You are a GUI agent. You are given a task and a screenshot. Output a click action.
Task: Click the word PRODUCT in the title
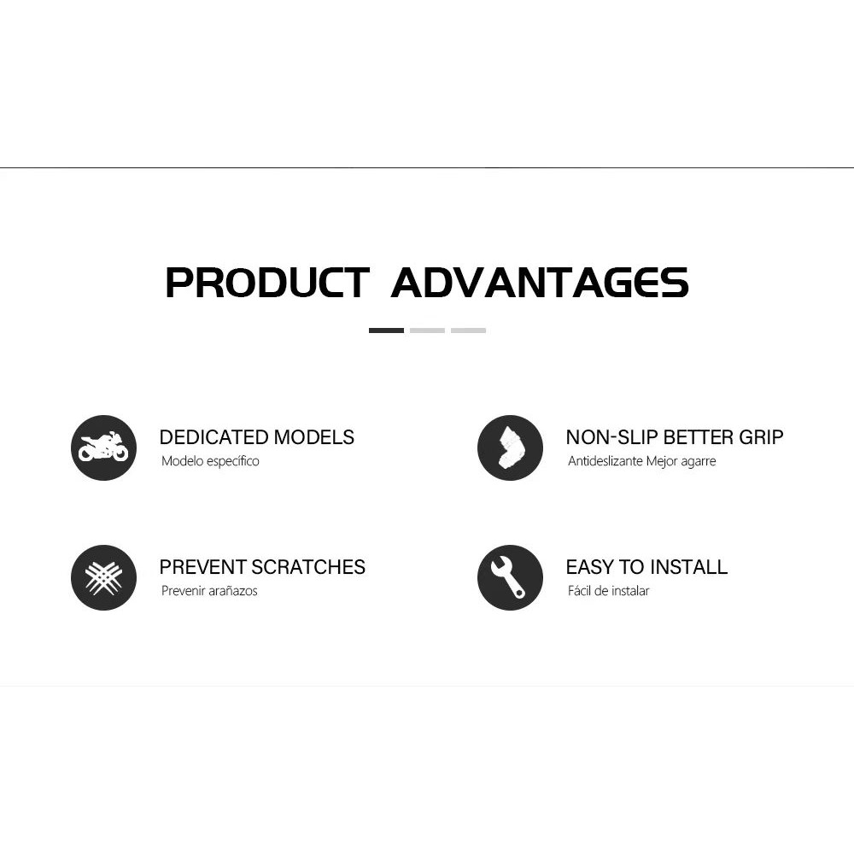point(267,282)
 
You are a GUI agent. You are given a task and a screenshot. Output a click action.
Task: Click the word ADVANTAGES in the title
point(540,282)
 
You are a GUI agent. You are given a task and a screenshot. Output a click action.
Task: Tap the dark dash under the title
point(386,330)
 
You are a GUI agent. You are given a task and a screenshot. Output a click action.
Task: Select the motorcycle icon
point(103,447)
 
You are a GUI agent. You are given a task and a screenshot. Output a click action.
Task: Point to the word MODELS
point(313,437)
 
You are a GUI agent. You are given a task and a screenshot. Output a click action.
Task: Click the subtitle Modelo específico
point(210,461)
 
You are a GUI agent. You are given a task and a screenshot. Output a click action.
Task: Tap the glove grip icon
point(511,447)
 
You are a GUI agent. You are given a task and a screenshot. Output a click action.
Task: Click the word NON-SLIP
point(612,437)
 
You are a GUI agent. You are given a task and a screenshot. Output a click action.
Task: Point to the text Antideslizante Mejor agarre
point(641,461)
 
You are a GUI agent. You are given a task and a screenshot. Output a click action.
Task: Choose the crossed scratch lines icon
point(103,577)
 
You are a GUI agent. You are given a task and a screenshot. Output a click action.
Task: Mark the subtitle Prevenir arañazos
point(210,591)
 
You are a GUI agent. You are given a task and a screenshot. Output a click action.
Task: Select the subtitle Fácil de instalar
point(608,591)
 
